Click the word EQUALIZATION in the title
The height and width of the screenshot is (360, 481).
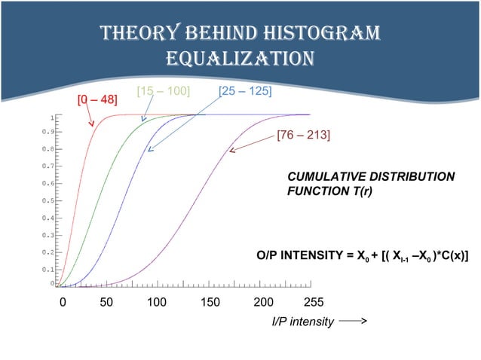point(240,59)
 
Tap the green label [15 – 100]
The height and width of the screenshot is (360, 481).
point(162,91)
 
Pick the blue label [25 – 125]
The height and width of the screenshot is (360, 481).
point(244,91)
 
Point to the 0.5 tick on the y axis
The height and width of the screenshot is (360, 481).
point(47,201)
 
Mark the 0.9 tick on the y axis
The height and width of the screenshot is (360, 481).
point(47,132)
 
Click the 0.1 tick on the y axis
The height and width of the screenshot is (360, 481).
point(47,269)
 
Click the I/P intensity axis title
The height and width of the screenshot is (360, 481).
point(302,322)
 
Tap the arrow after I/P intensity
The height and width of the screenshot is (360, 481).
point(352,322)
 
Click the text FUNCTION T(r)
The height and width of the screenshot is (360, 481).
point(330,191)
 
